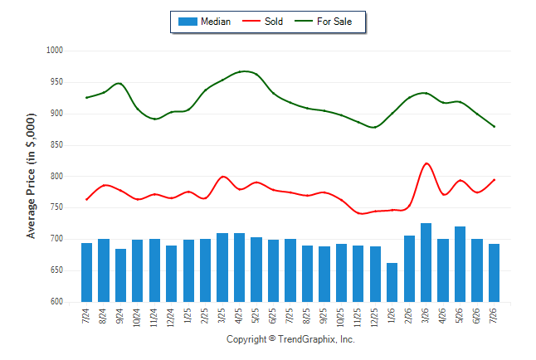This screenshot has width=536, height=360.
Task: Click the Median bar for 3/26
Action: click(x=426, y=263)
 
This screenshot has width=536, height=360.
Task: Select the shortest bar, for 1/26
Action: click(x=392, y=282)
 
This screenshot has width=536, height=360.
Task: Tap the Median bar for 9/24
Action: click(x=120, y=275)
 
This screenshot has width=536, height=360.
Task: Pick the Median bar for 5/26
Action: click(x=460, y=265)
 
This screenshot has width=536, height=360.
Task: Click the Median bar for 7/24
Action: click(x=87, y=272)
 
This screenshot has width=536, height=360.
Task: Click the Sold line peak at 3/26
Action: click(x=426, y=163)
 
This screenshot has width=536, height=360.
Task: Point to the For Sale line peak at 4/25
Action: click(x=241, y=71)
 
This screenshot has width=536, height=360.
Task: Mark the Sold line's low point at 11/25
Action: click(x=360, y=214)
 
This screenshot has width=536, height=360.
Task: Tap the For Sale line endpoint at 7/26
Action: click(x=494, y=126)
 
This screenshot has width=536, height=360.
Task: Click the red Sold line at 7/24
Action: click(x=87, y=199)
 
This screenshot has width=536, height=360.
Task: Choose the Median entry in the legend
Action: click(x=204, y=22)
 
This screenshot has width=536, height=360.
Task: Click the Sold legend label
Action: click(x=274, y=22)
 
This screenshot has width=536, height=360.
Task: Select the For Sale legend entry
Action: click(x=323, y=22)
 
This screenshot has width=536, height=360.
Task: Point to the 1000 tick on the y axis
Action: click(x=55, y=51)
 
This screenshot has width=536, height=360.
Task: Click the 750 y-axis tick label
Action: click(x=56, y=207)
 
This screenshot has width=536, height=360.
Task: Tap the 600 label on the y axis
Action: click(x=56, y=302)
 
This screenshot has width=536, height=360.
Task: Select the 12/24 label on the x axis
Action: click(x=171, y=317)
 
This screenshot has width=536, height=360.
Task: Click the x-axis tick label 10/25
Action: click(x=341, y=317)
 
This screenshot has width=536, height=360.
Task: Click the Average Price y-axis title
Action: click(x=31, y=176)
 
